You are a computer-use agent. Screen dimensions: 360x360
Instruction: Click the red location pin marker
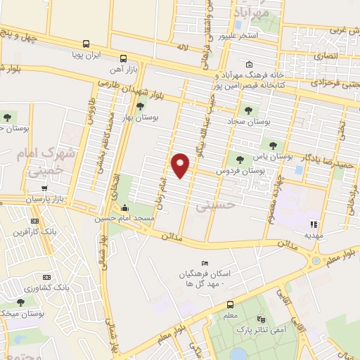tap(181, 165)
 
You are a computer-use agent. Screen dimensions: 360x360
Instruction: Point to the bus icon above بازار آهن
tap(124, 58)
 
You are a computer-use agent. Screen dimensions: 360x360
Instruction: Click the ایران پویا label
tap(89, 53)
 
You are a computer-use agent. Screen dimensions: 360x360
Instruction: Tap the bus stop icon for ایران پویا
tap(86, 43)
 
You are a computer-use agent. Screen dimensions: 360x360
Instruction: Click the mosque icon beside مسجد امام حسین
tap(125, 207)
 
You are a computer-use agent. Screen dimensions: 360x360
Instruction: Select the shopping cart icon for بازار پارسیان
tap(44, 188)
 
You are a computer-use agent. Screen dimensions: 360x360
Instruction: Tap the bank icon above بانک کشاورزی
tap(46, 277)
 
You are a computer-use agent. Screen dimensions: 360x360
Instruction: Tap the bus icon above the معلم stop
tap(231, 304)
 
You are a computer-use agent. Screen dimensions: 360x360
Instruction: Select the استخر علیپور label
tap(239, 34)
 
